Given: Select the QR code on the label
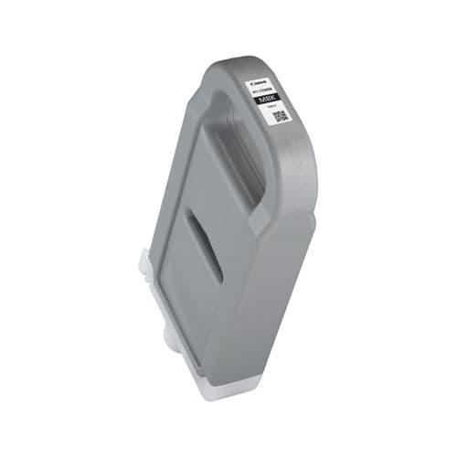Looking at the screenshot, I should click(281, 116).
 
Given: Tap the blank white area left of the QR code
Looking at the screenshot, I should click(266, 116).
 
